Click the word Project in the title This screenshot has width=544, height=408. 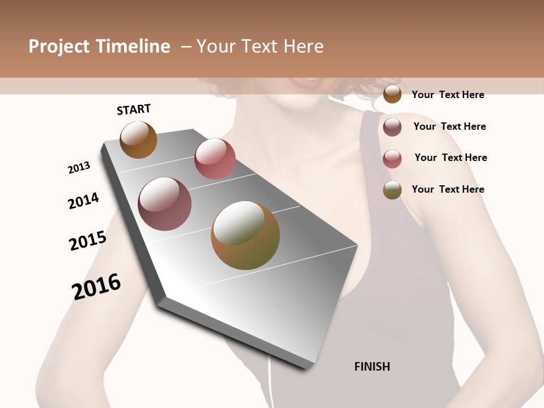[59, 46]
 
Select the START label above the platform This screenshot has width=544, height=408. [134, 109]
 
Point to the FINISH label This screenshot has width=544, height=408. [372, 367]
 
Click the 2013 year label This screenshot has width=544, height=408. [79, 168]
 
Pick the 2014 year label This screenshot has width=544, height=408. [83, 201]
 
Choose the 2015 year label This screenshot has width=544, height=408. [88, 241]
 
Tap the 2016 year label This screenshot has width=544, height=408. [96, 287]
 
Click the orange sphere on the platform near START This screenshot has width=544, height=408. [138, 139]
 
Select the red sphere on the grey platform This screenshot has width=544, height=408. [215, 158]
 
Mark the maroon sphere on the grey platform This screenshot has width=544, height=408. [165, 204]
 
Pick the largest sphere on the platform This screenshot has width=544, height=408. [245, 235]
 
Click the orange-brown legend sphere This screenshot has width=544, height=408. [392, 94]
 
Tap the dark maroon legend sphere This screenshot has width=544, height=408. [392, 127]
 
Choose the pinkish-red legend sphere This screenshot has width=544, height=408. [392, 159]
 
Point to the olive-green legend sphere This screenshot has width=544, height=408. [392, 190]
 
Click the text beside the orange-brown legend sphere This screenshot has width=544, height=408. [448, 95]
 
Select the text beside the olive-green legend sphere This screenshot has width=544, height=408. [448, 189]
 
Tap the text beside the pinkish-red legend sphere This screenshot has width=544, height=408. [450, 158]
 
